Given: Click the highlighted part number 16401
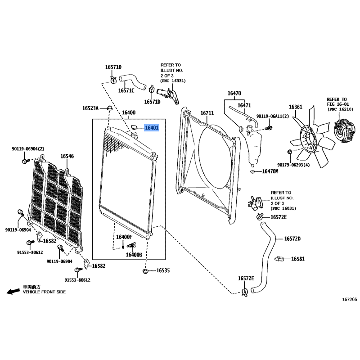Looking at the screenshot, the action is click(152, 128).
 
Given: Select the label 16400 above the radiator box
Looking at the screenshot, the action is click(129, 112).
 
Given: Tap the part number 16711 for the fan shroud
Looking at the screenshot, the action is click(207, 113).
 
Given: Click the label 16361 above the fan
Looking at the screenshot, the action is click(296, 107).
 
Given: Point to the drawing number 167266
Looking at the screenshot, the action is click(350, 299).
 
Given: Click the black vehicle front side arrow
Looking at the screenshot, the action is click(13, 291).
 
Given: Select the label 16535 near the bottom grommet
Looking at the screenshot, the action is click(163, 270).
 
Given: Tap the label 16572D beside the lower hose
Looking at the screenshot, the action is click(292, 239).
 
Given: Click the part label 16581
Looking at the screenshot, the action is click(298, 259).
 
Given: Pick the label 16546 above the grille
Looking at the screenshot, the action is click(67, 156).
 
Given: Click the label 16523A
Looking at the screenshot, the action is click(90, 108).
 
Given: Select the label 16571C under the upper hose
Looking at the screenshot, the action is click(126, 91).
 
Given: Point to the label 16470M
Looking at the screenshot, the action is click(270, 171).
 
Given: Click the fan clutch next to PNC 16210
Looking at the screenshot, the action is click(344, 130).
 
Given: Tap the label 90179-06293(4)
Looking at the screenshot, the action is click(293, 165).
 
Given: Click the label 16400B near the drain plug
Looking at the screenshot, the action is click(134, 255).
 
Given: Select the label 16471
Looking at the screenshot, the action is click(244, 105).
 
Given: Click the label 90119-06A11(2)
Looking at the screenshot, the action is click(273, 117).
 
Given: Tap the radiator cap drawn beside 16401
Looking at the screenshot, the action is click(134, 127).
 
